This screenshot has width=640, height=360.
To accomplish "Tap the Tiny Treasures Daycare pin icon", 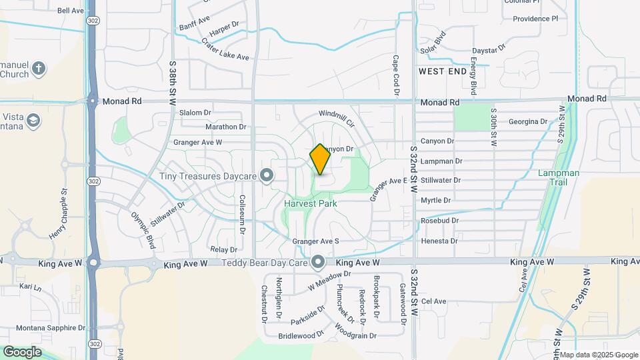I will tap(267, 176).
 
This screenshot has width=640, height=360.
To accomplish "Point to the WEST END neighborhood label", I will tap(441, 71).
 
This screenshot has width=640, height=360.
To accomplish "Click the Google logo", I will tap(22, 351).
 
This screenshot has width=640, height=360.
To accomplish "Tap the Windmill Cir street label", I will tap(336, 119).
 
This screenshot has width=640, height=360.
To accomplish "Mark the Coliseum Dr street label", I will tap(243, 211).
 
